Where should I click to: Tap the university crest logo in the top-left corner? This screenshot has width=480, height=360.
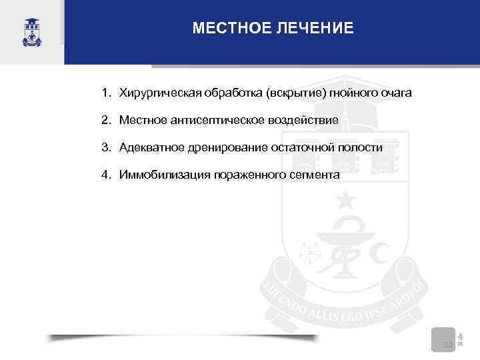[x=31, y=32]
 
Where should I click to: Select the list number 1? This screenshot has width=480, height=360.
[x=106, y=92]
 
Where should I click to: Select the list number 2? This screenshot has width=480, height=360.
[x=106, y=120]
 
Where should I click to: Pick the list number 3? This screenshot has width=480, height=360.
[x=106, y=147]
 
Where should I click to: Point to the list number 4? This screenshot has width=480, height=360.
[x=106, y=175]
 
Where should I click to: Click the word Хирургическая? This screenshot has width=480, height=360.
[x=157, y=92]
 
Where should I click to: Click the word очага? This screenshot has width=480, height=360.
[x=397, y=92]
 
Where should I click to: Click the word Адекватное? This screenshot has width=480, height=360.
[x=151, y=147]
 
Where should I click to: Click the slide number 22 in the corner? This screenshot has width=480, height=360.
[x=448, y=344]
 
